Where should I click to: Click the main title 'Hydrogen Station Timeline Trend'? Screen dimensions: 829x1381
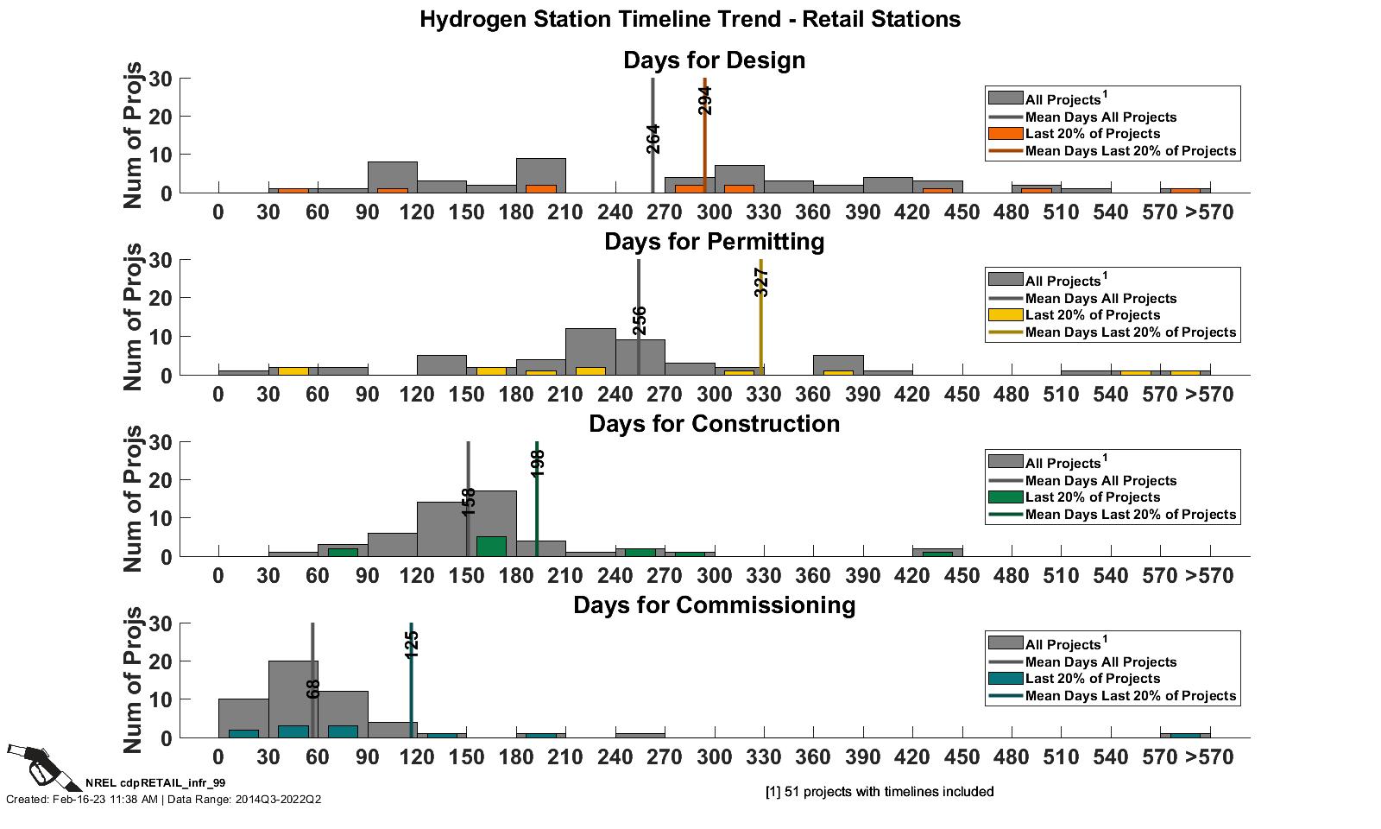pyautogui.click(x=690, y=19)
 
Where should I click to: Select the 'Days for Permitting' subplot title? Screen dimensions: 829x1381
pyautogui.click(x=714, y=242)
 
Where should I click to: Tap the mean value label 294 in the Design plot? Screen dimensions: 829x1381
pyautogui.click(x=705, y=100)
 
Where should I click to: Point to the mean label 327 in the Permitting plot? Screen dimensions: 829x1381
pyautogui.click(x=761, y=282)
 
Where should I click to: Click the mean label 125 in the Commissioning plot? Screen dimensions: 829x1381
pyautogui.click(x=412, y=644)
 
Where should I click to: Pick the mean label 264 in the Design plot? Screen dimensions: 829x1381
pyautogui.click(x=653, y=139)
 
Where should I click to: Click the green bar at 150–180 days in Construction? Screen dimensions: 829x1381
pyautogui.click(x=491, y=547)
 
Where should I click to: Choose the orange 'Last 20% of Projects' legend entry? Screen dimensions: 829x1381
pyautogui.click(x=1093, y=134)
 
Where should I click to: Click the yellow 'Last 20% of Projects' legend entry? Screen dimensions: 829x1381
pyautogui.click(x=1093, y=315)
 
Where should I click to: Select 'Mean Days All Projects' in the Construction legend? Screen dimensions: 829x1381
pyautogui.click(x=1100, y=480)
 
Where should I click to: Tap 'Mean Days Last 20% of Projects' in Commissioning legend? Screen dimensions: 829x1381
pyautogui.click(x=1131, y=695)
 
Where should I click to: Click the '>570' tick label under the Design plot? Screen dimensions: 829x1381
pyautogui.click(x=1209, y=212)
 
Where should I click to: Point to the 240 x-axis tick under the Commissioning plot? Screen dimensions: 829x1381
pyautogui.click(x=615, y=757)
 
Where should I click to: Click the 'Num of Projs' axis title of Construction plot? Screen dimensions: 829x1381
pyautogui.click(x=133, y=499)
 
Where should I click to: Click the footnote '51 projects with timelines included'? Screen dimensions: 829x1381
pyautogui.click(x=880, y=792)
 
